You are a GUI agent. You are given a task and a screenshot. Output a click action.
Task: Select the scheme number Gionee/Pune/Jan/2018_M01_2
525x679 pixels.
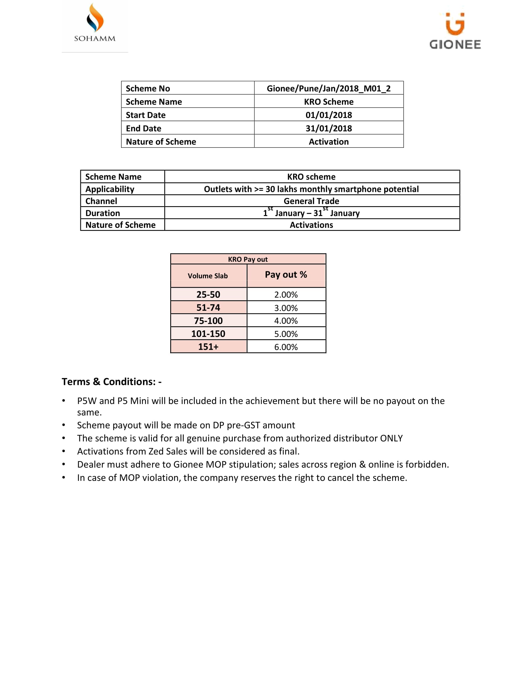[329, 89]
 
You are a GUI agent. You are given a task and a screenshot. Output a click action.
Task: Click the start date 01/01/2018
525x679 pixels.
[329, 115]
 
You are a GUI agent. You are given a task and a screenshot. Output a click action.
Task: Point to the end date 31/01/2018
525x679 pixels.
[329, 128]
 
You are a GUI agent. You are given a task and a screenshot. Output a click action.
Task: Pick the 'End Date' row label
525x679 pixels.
[143, 128]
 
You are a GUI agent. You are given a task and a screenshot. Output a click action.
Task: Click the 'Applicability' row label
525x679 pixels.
[110, 189]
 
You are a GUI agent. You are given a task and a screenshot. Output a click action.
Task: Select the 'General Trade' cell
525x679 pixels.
[311, 201]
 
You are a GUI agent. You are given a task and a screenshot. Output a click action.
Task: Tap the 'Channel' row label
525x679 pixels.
[101, 201]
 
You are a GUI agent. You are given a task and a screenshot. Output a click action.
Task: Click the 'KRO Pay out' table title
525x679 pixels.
[248, 259]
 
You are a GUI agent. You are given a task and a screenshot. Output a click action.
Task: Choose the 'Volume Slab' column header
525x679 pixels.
[208, 276]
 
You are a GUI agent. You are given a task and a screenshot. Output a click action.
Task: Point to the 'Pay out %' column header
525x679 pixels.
[286, 274]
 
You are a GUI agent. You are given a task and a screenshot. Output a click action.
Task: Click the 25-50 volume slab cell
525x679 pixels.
[208, 294]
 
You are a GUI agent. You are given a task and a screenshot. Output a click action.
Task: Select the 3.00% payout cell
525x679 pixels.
[286, 308]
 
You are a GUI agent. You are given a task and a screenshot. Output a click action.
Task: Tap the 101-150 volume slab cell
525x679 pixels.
[208, 334]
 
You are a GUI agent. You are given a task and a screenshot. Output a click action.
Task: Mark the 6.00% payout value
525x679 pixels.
[286, 347]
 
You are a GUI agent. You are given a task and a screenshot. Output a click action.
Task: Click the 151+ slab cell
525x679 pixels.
[208, 347]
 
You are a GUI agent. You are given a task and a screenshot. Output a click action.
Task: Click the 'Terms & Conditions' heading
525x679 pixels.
[111, 382]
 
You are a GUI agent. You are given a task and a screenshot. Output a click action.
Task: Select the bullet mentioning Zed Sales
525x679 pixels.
[188, 452]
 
